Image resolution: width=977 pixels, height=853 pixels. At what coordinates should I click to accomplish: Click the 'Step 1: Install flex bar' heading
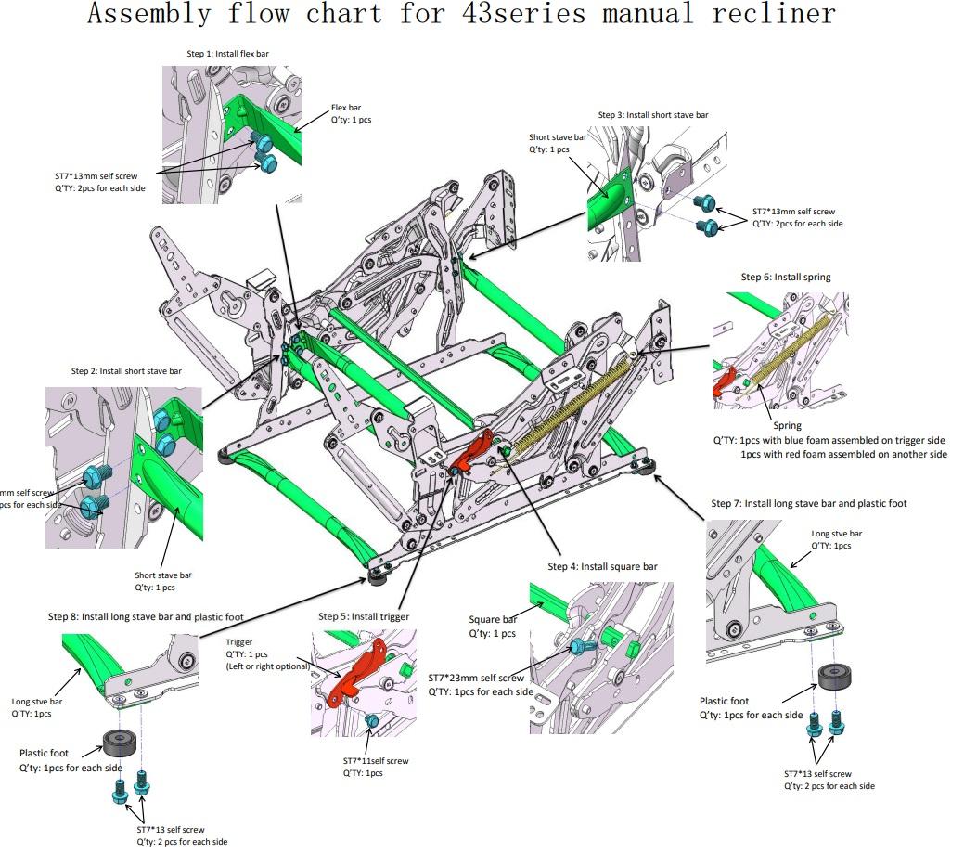coord(229,54)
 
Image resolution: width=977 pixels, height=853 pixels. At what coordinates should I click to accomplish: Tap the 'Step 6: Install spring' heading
coord(785,277)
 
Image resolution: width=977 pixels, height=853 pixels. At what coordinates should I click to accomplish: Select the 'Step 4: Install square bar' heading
coord(602,566)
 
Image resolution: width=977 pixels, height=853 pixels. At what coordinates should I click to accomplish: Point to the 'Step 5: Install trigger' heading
coord(363,616)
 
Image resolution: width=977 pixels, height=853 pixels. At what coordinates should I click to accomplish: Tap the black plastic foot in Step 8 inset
coord(120,743)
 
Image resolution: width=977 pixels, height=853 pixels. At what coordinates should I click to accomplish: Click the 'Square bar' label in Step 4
coord(493,619)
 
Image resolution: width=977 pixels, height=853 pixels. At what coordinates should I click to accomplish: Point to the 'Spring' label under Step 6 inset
coord(787,426)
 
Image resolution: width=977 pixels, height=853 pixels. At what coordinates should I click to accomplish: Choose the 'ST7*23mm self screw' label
coord(476,678)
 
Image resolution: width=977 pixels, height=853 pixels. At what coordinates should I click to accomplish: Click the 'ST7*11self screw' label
coord(375,761)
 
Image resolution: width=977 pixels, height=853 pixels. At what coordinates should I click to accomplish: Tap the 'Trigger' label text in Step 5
coord(239,642)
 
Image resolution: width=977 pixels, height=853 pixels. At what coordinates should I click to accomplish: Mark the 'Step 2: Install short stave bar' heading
coord(126,371)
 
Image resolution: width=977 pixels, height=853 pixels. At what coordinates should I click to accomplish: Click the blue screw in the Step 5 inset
coord(371,721)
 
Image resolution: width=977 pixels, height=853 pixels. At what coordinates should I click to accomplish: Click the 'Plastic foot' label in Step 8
coord(47,753)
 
